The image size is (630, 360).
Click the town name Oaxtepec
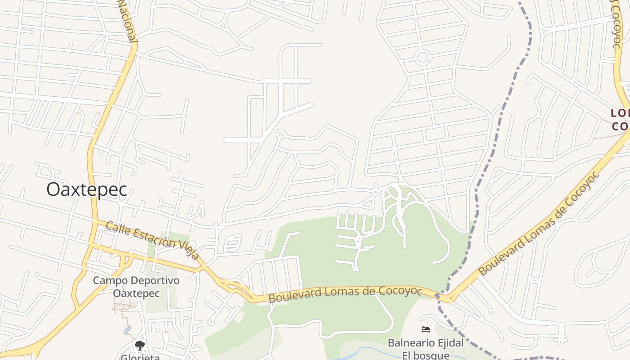click(x=86, y=189)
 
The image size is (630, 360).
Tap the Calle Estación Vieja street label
click(x=153, y=240)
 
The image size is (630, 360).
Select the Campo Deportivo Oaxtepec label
click(x=136, y=287)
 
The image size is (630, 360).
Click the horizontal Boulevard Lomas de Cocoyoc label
click(x=345, y=292)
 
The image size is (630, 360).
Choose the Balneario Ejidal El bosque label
click(x=426, y=349)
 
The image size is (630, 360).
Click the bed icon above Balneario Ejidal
click(x=426, y=330)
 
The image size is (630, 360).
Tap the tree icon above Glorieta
click(x=140, y=346)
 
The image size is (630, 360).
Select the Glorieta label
click(x=140, y=357)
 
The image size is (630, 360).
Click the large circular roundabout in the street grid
click(x=422, y=58)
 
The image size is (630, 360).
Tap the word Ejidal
click(x=448, y=343)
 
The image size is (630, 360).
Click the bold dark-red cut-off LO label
click(x=620, y=113)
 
